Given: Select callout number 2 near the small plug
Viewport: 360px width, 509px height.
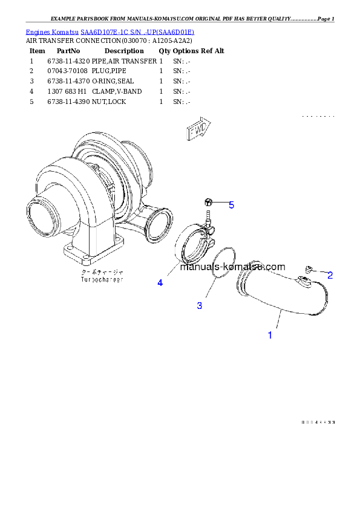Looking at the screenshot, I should coord(330,276).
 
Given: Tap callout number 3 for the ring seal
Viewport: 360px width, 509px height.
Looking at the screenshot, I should coord(200,306).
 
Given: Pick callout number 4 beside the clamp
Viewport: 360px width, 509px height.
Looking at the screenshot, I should coord(160,283).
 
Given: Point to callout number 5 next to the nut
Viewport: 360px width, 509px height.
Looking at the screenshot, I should coord(231,206).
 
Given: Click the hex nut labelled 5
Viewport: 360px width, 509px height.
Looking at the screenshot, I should coord(208,202).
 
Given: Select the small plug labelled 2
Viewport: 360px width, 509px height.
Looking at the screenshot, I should coord(309,269).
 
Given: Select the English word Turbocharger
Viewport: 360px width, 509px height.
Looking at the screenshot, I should coord(102,280).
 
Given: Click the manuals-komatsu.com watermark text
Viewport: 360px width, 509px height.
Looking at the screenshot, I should coord(232,267).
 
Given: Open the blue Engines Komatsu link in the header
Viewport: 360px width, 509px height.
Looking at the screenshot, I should coord(110,31).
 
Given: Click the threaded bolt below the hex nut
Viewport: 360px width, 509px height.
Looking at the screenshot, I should coord(208,215).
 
